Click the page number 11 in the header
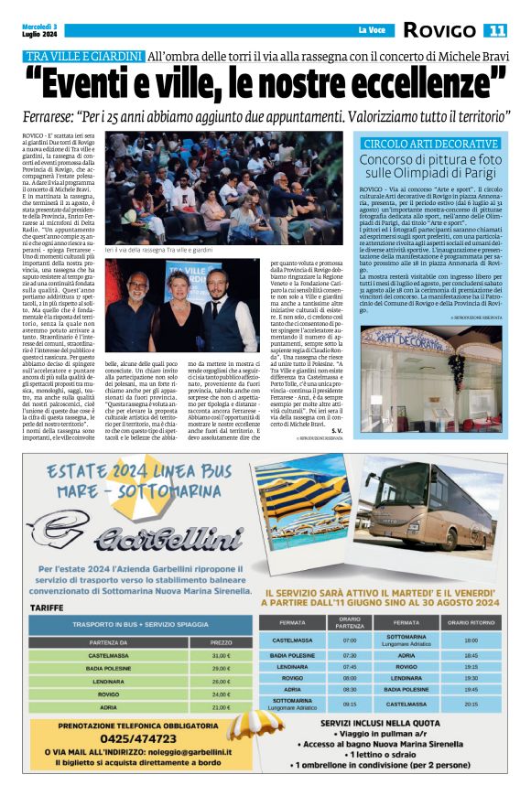(495, 31)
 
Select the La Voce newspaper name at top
(371, 31)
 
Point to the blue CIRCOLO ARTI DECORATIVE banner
(429, 145)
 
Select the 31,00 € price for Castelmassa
(222, 655)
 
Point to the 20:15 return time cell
(471, 705)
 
